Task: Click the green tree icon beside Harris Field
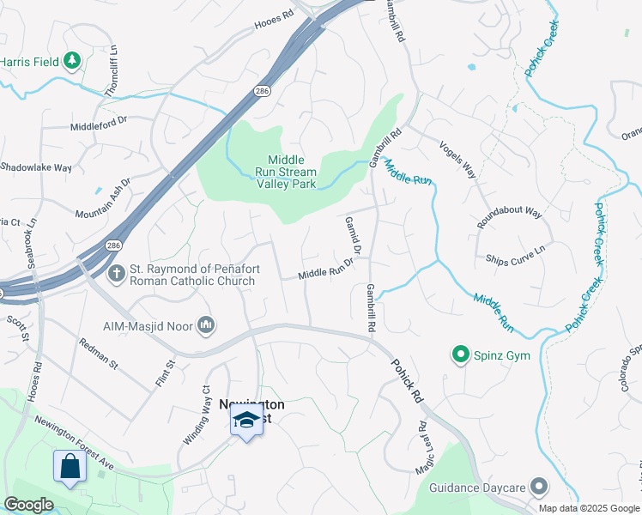click(x=73, y=61)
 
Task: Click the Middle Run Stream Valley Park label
click(x=292, y=172)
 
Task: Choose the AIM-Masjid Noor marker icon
click(x=205, y=324)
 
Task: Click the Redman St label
click(x=98, y=354)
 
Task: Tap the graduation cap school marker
click(x=246, y=420)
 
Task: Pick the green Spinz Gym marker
click(x=460, y=354)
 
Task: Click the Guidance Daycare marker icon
click(x=539, y=487)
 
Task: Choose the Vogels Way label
click(x=457, y=160)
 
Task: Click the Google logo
click(x=29, y=505)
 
